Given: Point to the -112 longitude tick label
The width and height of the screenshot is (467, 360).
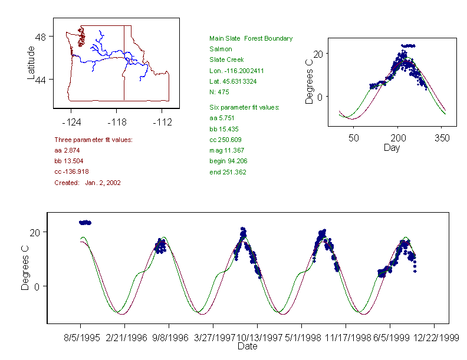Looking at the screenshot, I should coord(162,122).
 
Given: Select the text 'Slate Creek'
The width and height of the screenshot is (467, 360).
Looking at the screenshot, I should coord(226,60).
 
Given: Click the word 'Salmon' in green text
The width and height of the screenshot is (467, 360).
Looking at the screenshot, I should coord(221,49).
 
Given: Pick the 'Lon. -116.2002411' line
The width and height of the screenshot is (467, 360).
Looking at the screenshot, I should coord(236,70).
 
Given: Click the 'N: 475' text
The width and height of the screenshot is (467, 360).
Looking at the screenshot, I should coord(219,92).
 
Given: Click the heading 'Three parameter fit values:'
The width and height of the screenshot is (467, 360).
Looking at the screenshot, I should coord(93,140).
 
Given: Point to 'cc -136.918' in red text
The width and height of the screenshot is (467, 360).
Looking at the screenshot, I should coord(71,171).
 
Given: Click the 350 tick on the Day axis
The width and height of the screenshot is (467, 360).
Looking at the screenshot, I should coord(442,138).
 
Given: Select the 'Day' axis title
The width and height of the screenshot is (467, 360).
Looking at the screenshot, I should coord(392,147).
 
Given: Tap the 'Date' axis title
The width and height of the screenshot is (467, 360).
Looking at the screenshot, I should coord(248,346).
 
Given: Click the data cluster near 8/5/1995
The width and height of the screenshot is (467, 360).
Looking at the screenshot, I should coord(85,223).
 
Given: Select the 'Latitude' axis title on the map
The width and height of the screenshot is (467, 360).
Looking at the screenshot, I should coord(32,62).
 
